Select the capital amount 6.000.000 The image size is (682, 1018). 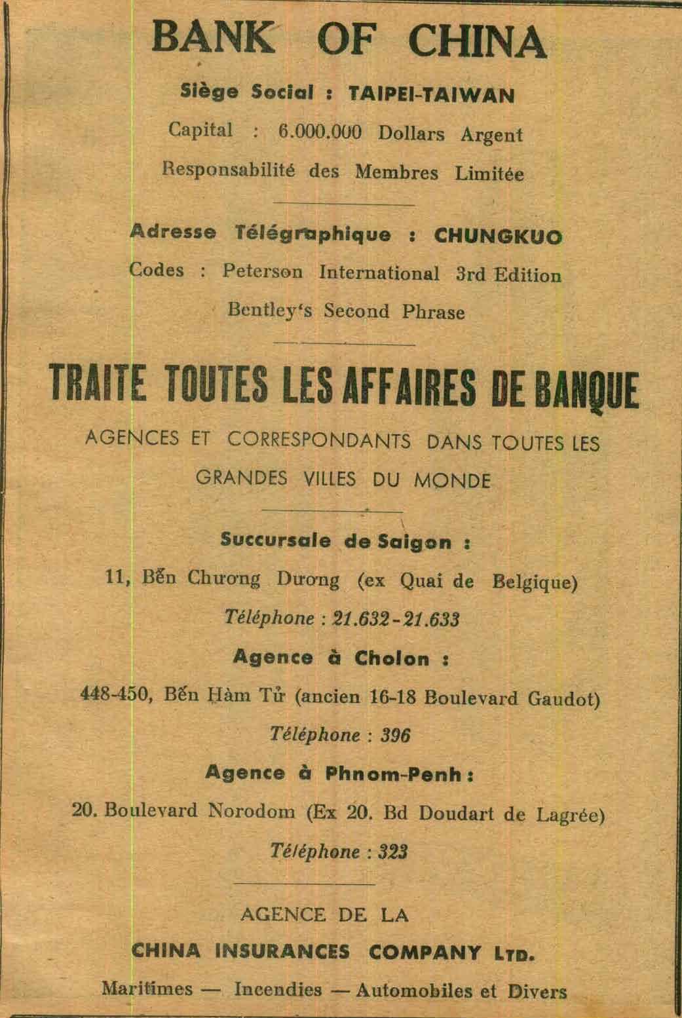(x=320, y=132)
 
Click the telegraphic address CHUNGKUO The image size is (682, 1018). (x=498, y=236)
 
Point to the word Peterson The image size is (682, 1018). (x=262, y=272)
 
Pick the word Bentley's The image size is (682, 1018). (x=271, y=311)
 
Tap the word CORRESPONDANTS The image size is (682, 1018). (x=319, y=440)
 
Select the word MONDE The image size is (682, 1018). (x=452, y=481)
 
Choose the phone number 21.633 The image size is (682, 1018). (x=431, y=619)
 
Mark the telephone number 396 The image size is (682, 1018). (x=395, y=735)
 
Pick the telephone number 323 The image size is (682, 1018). (x=394, y=852)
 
